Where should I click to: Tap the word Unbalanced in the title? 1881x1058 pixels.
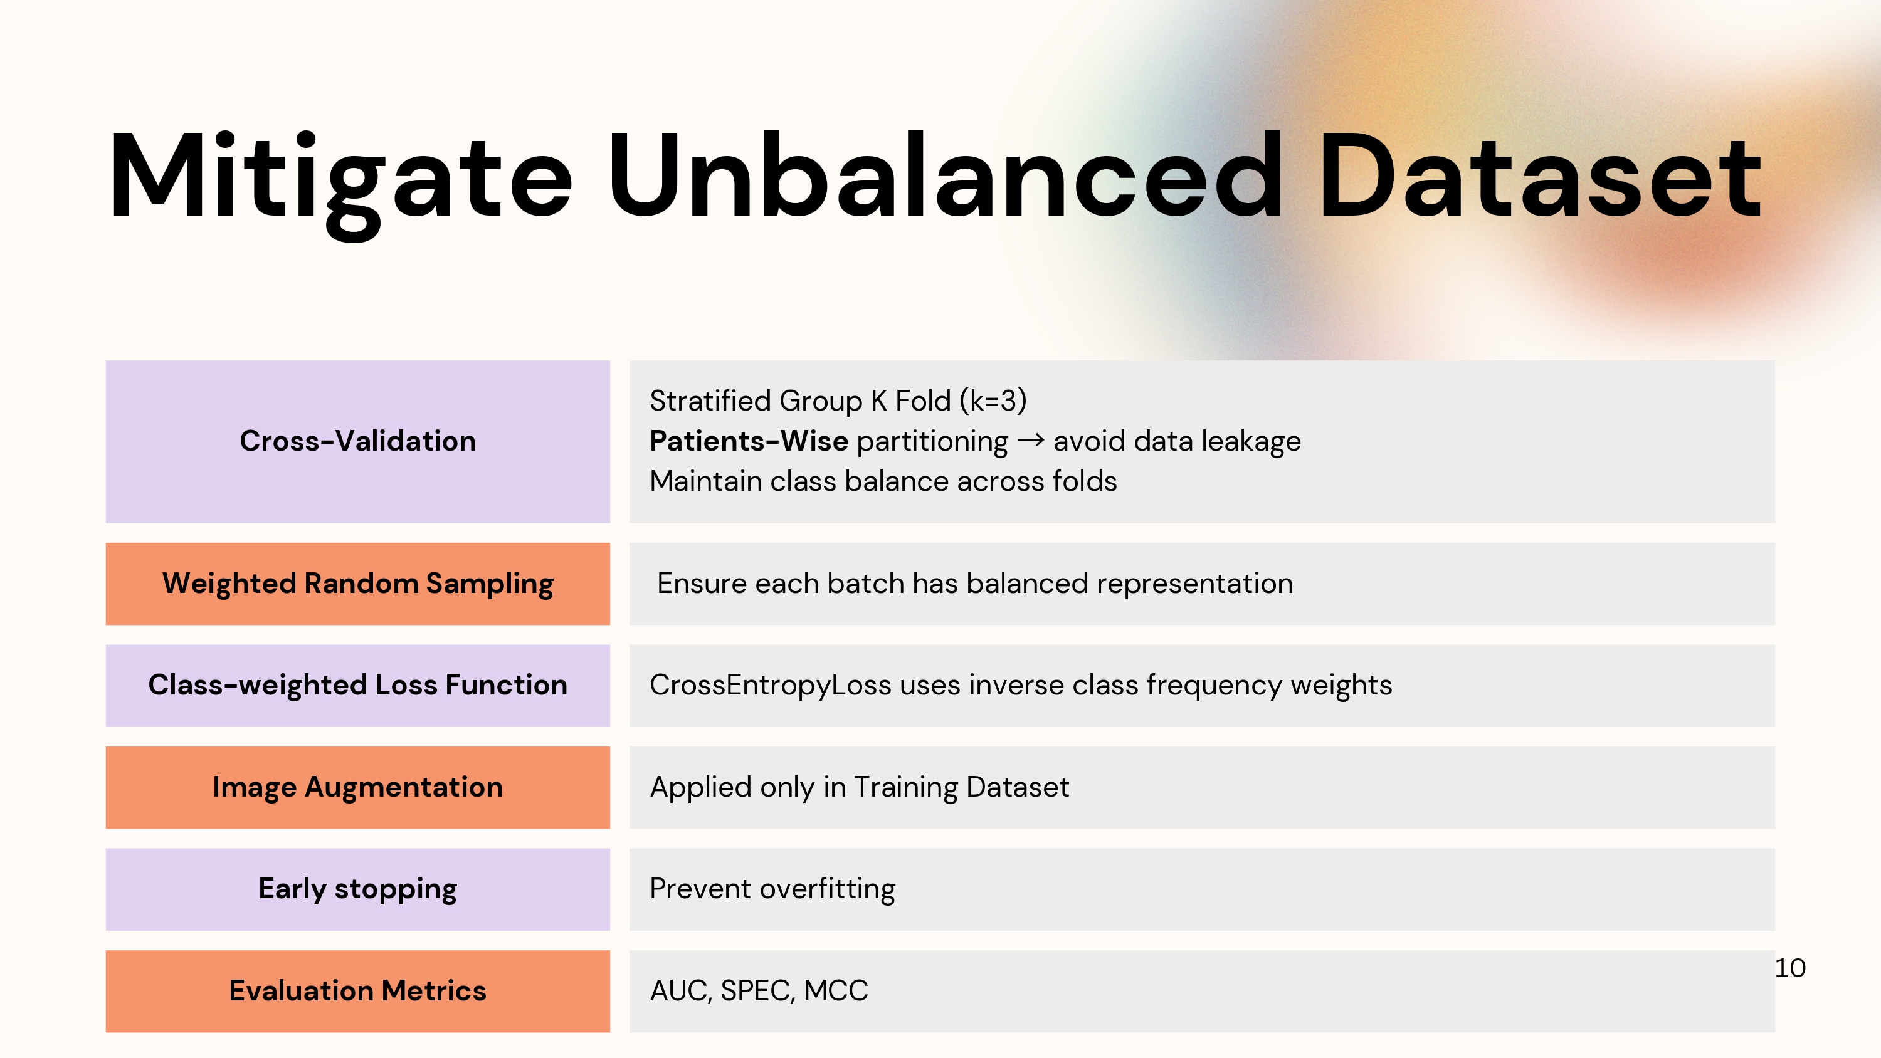pos(945,175)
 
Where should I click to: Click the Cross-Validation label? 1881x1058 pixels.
pos(358,441)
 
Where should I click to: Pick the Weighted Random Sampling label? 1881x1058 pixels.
pos(358,584)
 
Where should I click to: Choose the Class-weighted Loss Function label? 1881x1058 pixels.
pos(358,686)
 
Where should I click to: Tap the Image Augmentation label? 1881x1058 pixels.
pos(358,788)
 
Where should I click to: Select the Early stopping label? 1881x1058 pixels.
pos(358,889)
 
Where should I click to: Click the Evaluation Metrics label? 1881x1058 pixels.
pos(358,991)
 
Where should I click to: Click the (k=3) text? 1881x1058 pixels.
pos(993,401)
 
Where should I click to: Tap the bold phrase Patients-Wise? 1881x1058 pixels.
pos(749,441)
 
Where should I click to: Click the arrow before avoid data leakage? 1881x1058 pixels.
pos(1030,440)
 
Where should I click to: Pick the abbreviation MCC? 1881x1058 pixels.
pos(836,991)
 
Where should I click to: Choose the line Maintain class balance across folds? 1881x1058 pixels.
pos(883,482)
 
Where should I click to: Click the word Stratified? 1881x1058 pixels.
pos(710,401)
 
